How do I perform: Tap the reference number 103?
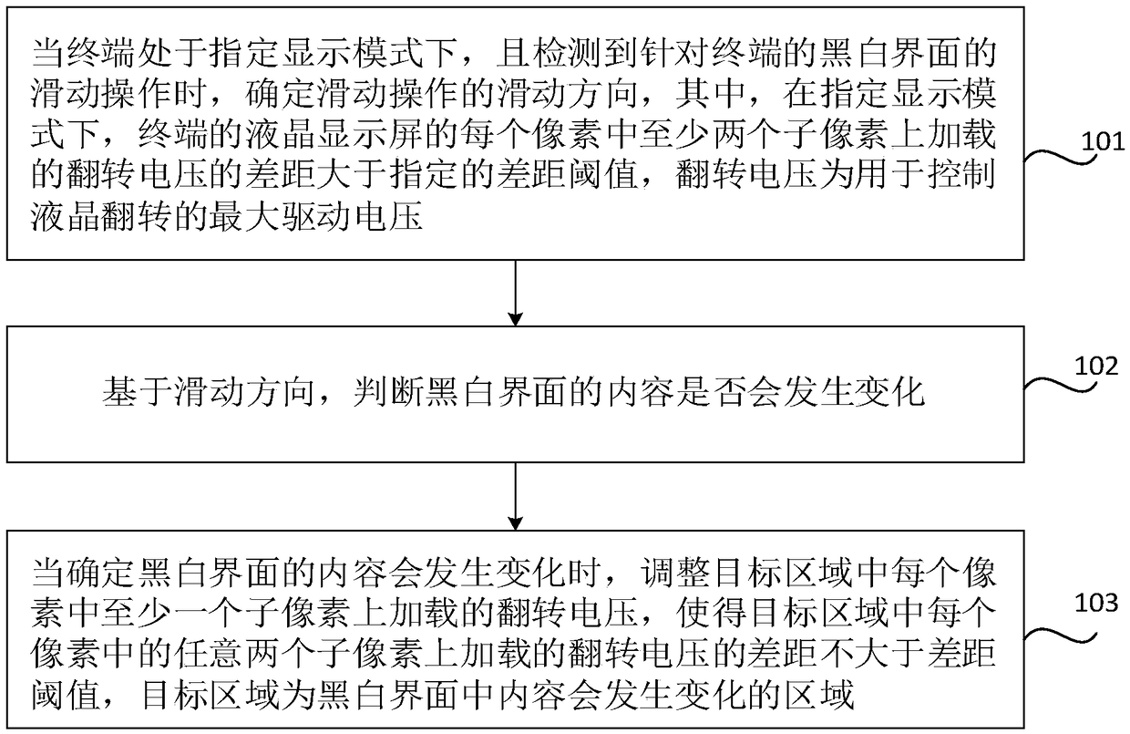pos(1097,602)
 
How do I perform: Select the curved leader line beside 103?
pos(1057,627)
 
